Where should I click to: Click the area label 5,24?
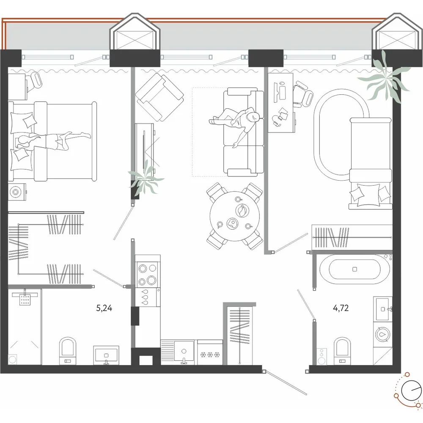coord(104,308)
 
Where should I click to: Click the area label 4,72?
coord(341,308)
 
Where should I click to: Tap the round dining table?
coord(234,216)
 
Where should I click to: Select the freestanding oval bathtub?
coord(355,269)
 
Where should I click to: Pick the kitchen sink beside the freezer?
coord(184,352)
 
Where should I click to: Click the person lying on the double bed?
coord(51,141)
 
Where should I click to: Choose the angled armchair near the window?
coord(159,97)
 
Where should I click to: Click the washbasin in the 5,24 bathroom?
coord(106,355)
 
